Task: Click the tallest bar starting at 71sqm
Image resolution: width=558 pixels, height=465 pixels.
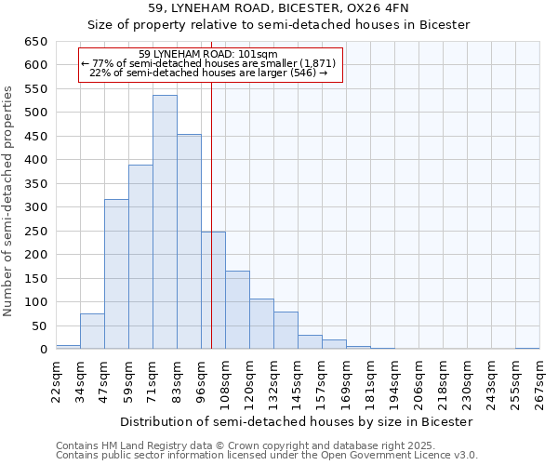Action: pyautogui.click(x=165, y=223)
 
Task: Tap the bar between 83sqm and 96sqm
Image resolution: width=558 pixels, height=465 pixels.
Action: pyautogui.click(x=189, y=242)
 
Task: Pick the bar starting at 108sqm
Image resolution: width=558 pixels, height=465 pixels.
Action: pyautogui.click(x=237, y=311)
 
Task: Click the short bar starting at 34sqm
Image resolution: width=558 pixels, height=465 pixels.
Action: pyautogui.click(x=92, y=332)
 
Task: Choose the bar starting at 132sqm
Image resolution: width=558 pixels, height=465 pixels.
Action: pyautogui.click(x=286, y=331)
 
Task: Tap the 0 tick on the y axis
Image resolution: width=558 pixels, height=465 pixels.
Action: pyautogui.click(x=43, y=350)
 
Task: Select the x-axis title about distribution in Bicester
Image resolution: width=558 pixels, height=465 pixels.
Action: pyautogui.click(x=297, y=421)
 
